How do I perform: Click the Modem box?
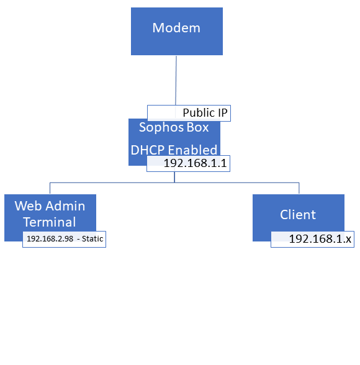[177, 31]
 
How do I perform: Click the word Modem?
[176, 28]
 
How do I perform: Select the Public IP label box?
[189, 113]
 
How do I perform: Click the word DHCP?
[148, 150]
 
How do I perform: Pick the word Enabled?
[192, 150]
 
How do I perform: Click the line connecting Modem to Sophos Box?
[176, 80]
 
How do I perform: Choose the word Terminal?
[50, 222]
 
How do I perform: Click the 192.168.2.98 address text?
[50, 239]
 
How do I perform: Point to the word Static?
[92, 239]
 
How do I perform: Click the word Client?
[298, 214]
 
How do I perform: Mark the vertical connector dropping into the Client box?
[299, 188]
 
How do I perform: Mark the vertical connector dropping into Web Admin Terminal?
[50, 188]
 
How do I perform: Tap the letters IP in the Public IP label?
[223, 113]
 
